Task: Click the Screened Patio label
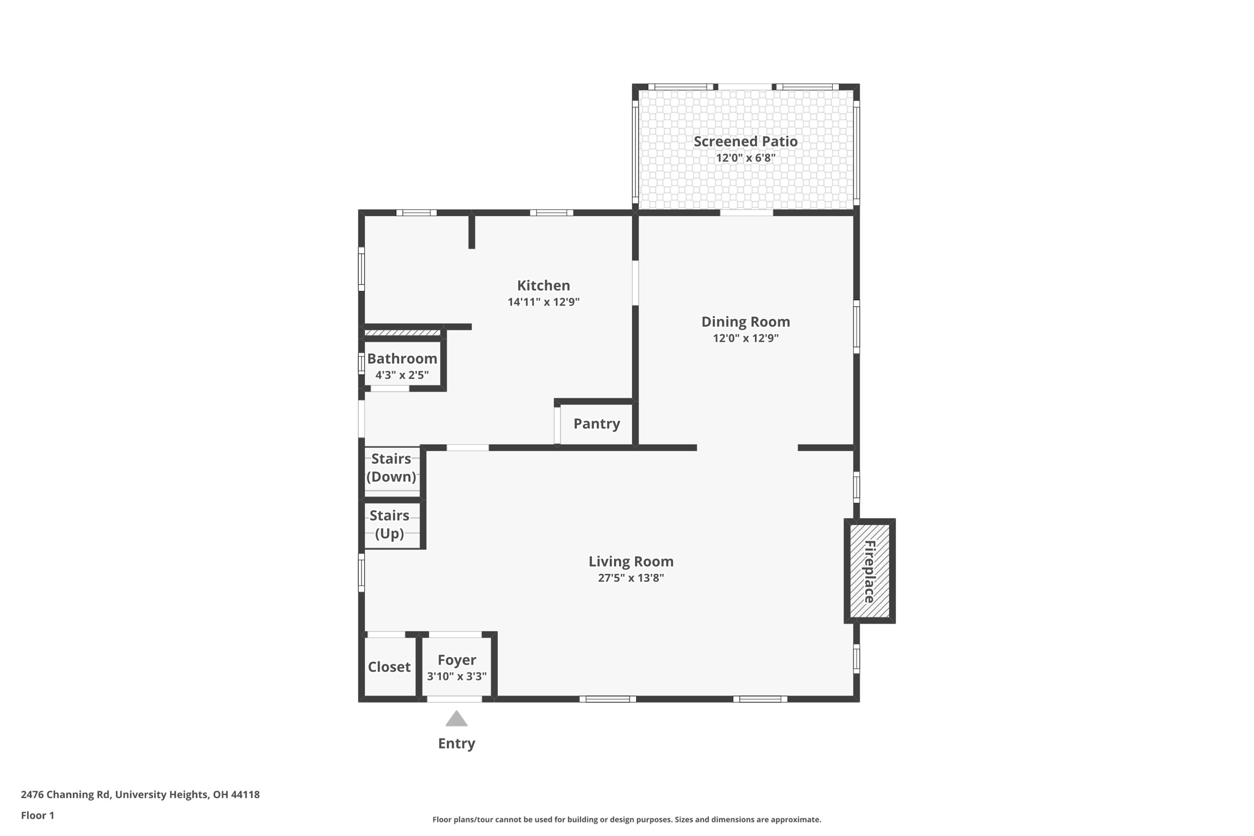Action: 745,141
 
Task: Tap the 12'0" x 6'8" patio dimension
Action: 745,158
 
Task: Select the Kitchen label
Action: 543,285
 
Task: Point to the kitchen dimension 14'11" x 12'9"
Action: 543,302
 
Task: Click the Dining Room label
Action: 745,322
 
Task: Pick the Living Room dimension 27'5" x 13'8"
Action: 631,578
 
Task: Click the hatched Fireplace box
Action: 869,571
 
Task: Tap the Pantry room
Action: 596,424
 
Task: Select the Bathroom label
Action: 402,359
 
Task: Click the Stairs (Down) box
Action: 391,469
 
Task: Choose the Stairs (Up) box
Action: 390,525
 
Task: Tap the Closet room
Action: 389,667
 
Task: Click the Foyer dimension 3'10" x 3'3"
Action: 457,677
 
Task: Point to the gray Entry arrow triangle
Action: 456,720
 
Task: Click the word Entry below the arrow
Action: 456,744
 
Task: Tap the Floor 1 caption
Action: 37,816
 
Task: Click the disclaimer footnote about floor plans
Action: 626,819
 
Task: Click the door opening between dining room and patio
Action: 746,213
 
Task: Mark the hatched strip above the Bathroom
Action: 402,333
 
